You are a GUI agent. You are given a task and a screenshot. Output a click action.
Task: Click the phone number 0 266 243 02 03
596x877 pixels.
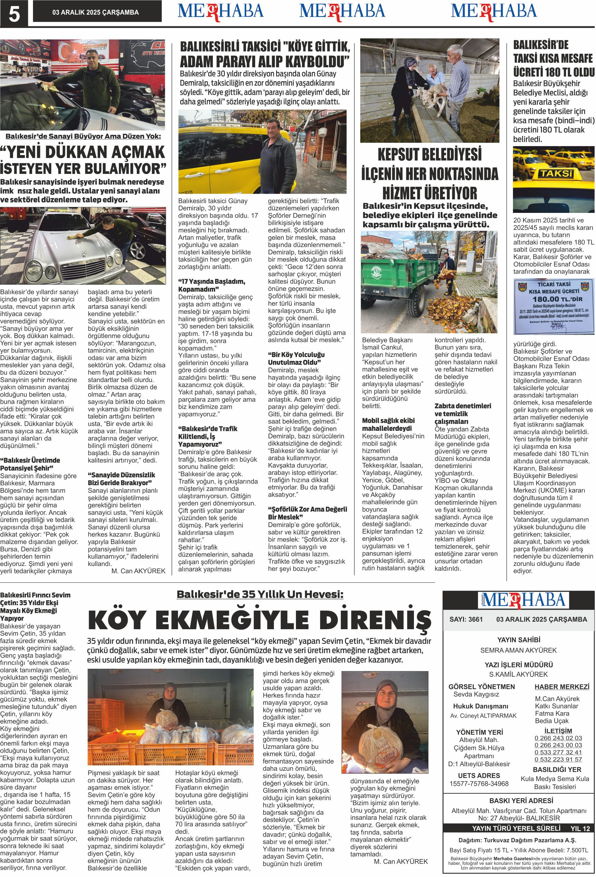558,738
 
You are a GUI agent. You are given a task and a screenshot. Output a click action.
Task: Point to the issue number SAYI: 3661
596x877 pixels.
466,619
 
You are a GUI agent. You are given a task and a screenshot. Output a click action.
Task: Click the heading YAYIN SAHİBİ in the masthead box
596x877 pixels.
518,640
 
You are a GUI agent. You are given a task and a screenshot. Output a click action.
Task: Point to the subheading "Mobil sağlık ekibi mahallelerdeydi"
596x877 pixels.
388,425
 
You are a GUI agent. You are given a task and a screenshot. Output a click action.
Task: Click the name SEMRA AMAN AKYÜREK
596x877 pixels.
518,650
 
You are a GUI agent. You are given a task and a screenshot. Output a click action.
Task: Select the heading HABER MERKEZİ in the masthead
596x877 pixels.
561,686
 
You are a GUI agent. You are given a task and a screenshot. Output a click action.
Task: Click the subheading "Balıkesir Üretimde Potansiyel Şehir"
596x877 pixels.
30,464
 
